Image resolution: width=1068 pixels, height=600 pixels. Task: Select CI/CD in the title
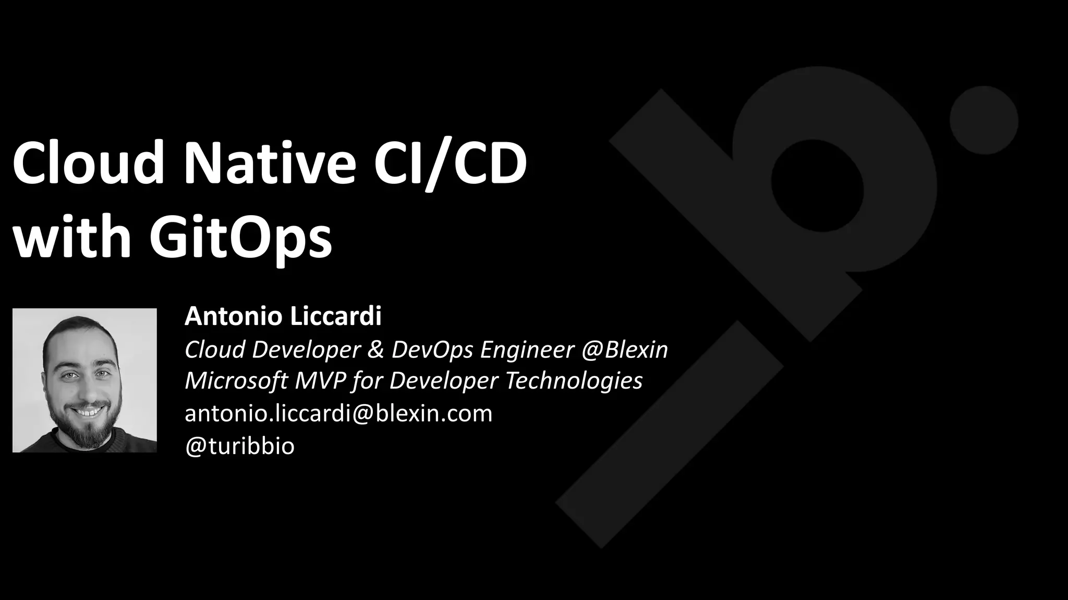[451, 163]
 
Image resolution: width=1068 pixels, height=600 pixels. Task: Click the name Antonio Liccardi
[283, 316]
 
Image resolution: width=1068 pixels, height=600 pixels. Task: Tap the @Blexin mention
[625, 349]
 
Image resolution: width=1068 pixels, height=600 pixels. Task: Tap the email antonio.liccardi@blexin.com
[338, 414]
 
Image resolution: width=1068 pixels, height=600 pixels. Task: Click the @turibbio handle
[240, 446]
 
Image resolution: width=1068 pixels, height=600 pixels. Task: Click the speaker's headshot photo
[84, 380]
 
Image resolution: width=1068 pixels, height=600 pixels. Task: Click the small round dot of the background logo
[984, 120]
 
